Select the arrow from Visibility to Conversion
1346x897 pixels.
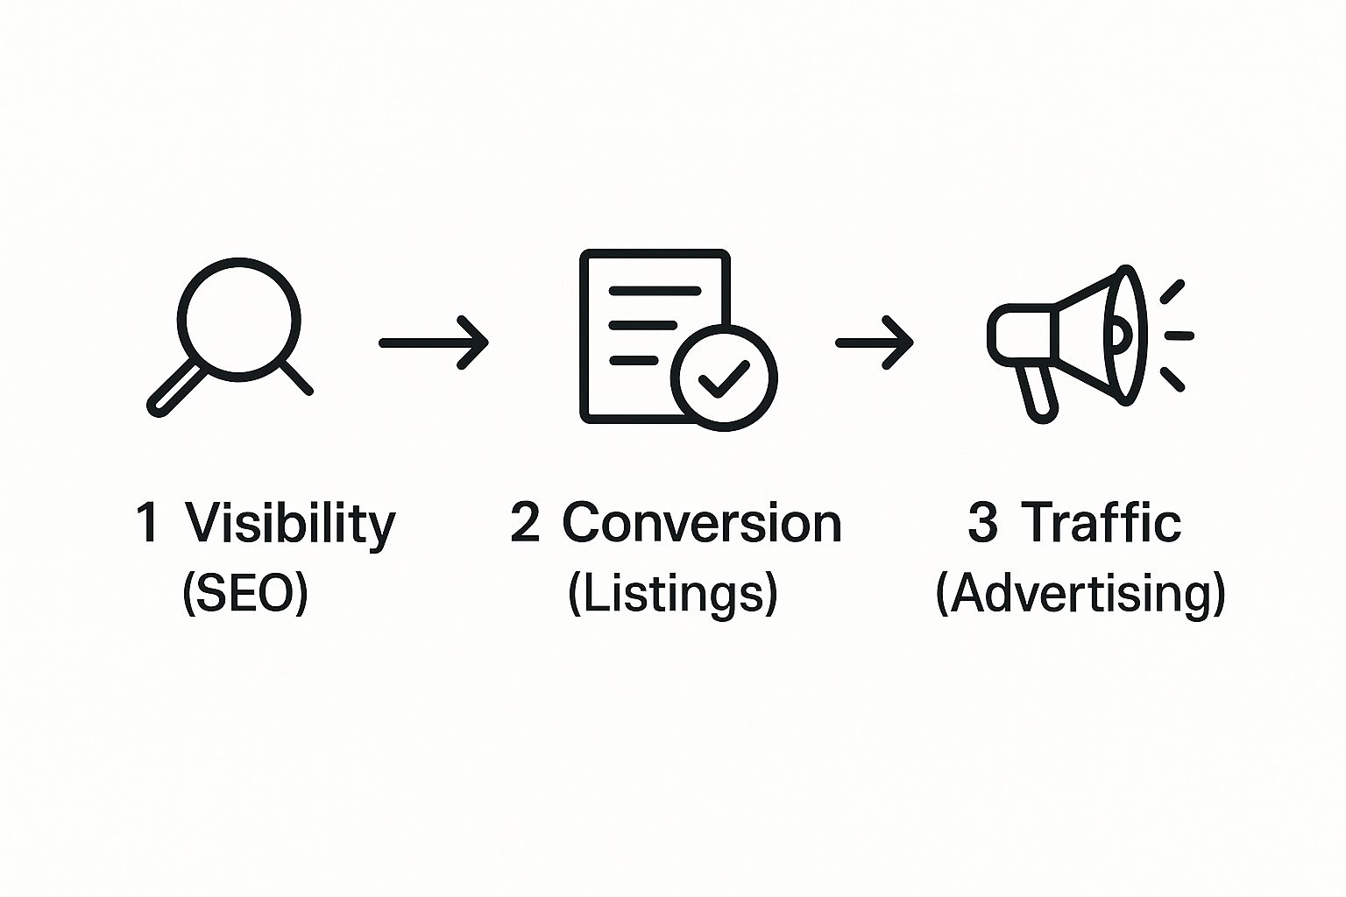click(x=433, y=343)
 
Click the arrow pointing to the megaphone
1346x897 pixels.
click(x=874, y=343)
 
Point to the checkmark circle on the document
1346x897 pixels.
click(x=724, y=378)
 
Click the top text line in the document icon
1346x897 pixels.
click(x=655, y=290)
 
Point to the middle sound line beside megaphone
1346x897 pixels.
click(x=1179, y=335)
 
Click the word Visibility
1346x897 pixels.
click(x=290, y=523)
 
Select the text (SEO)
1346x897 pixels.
click(x=245, y=593)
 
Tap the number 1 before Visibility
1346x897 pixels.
click(x=148, y=523)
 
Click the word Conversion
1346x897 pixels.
click(x=701, y=523)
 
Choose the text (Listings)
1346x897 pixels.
click(x=672, y=593)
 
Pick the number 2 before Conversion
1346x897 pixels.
click(x=525, y=523)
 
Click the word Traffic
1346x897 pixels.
click(x=1102, y=523)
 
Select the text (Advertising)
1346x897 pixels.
click(x=1080, y=593)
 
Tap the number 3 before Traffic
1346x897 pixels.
click(x=982, y=523)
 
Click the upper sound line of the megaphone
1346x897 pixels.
click(x=1172, y=292)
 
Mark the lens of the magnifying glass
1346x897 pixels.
click(x=239, y=319)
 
